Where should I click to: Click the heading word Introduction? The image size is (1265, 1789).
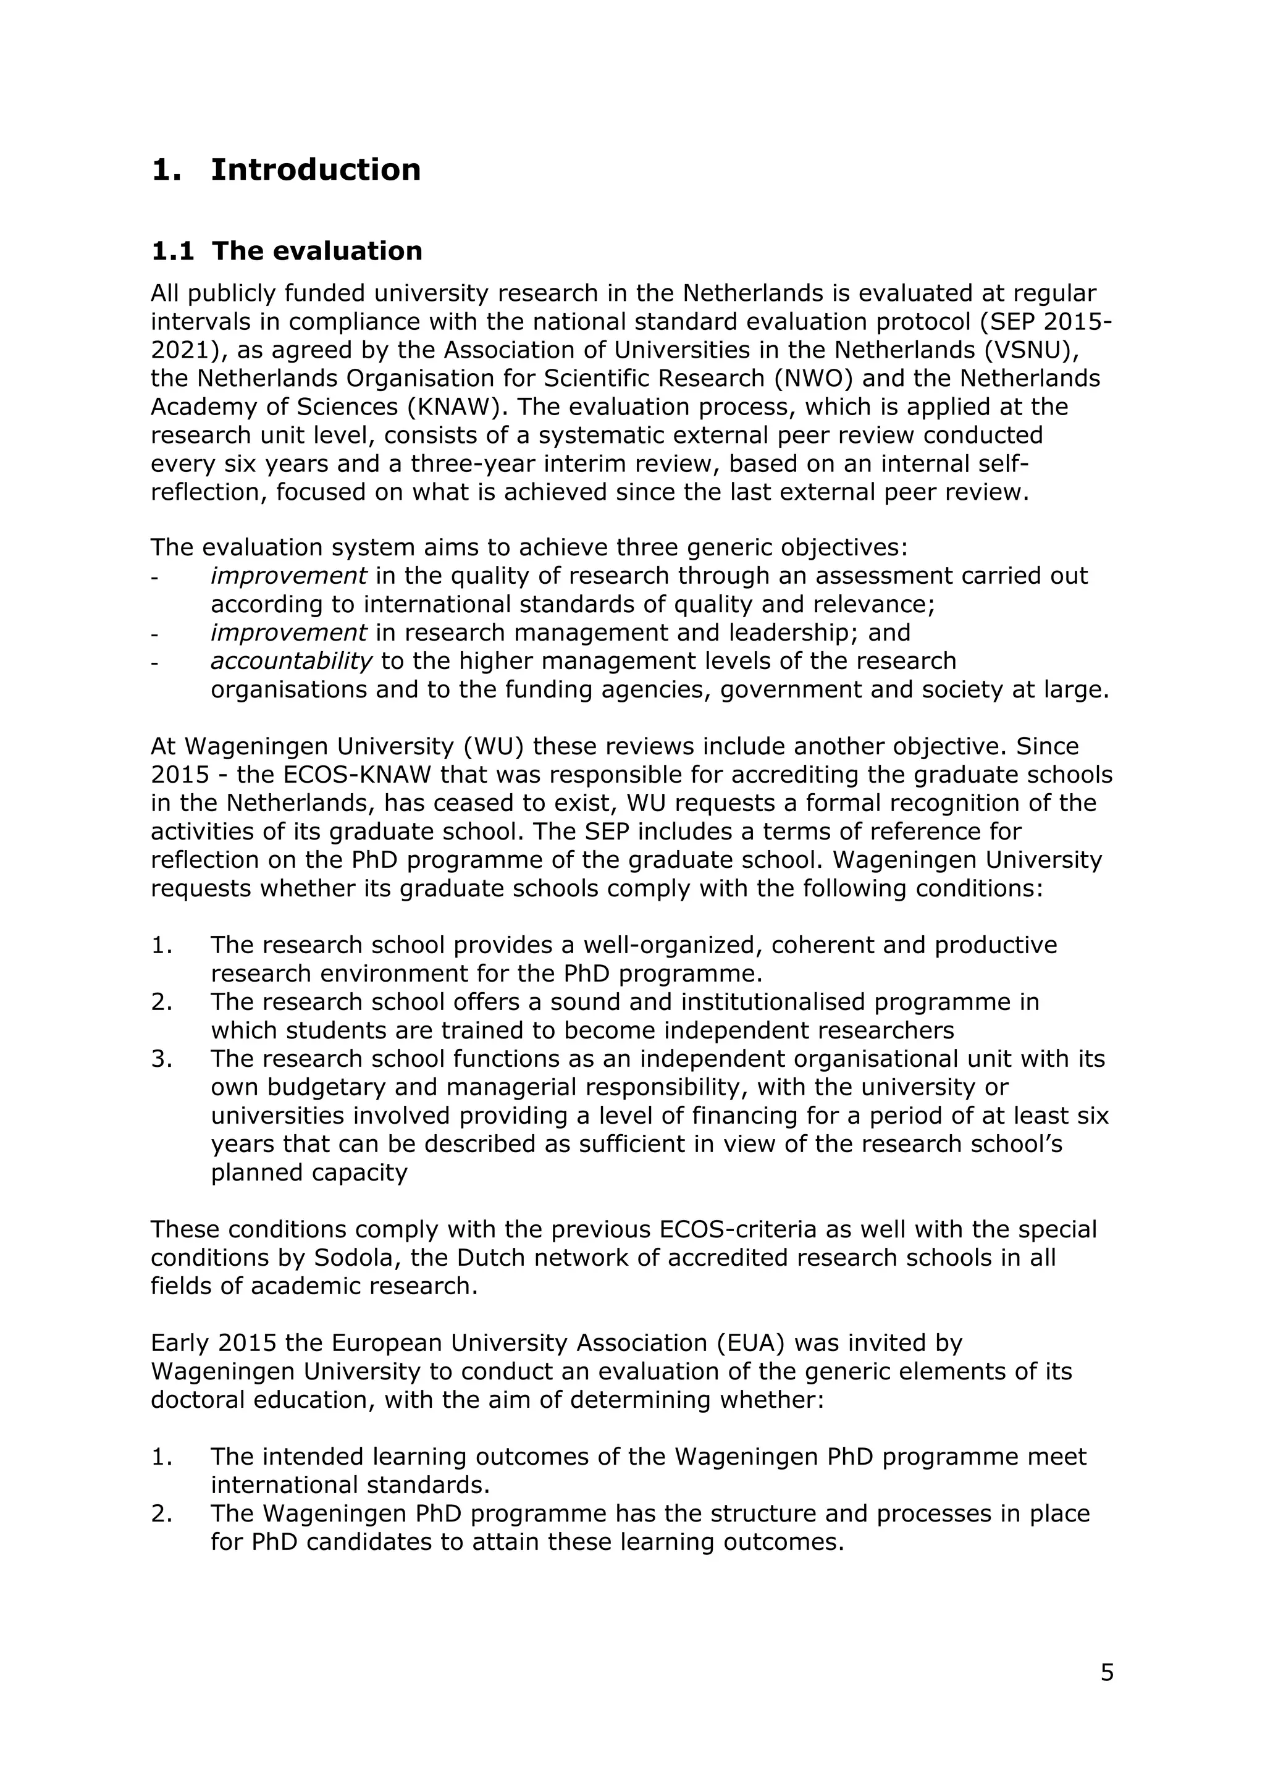[x=316, y=170]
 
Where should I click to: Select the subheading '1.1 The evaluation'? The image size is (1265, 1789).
[x=286, y=251]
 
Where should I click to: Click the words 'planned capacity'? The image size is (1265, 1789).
[x=309, y=1172]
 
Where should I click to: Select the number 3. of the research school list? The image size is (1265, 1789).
[x=161, y=1059]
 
